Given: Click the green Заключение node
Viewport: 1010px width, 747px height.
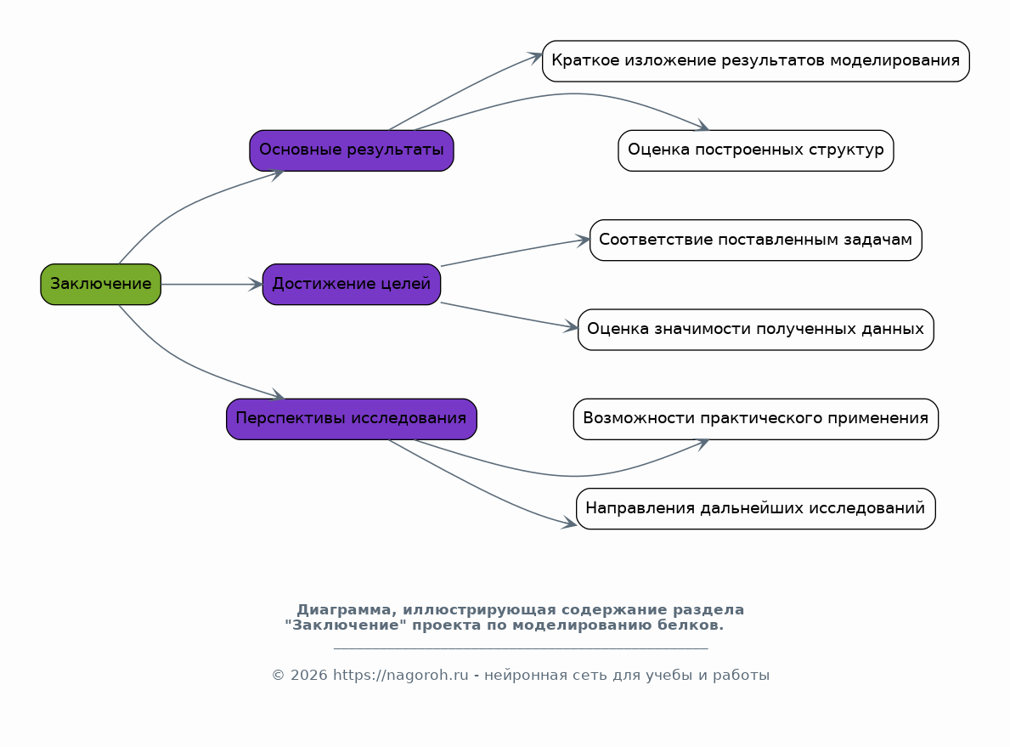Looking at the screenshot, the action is pos(100,284).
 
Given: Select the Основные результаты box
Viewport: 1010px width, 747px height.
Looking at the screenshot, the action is pos(352,150).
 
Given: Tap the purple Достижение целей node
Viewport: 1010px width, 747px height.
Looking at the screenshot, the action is pos(352,284).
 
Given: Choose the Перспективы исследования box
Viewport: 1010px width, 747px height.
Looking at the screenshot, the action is pos(352,419).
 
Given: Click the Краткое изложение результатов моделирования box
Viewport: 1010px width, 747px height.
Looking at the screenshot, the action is pos(755,61).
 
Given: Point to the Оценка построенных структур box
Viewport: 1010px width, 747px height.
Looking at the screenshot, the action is pos(755,150).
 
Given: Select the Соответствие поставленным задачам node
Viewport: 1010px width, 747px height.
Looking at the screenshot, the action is pos(755,240).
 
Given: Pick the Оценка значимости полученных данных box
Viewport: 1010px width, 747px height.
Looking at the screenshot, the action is pos(755,330).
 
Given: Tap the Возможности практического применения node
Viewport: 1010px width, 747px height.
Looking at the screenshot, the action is pos(755,419).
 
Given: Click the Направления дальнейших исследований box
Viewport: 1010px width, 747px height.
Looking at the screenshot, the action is pos(755,508).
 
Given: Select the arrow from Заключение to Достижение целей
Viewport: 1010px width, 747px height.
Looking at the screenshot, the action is pos(212,284).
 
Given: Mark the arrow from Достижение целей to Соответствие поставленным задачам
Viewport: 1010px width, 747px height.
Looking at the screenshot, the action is pos(516,252).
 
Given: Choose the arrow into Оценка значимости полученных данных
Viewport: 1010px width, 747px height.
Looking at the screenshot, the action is pos(509,316).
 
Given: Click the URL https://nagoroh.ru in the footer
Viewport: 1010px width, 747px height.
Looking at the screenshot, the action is pos(401,675).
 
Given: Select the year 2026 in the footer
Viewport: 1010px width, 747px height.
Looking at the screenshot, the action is pos(309,675).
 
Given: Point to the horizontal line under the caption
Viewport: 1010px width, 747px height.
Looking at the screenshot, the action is pos(521,648).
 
